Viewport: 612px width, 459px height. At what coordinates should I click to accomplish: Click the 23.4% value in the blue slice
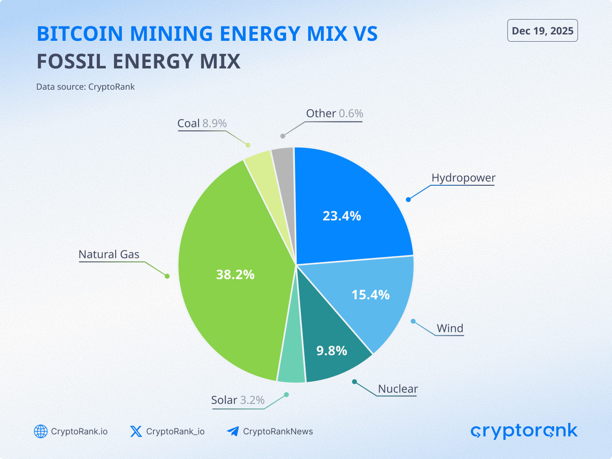tap(342, 216)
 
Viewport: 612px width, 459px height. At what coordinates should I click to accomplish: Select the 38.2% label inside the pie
tap(235, 275)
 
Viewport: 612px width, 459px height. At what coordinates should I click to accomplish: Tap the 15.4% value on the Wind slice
tap(370, 295)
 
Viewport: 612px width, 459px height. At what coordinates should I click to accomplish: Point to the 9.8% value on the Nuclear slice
tap(331, 351)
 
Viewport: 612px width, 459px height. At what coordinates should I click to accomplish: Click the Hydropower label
tap(463, 178)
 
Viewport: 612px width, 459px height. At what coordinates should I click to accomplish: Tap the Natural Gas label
tap(109, 254)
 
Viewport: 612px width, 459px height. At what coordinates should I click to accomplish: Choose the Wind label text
tap(450, 328)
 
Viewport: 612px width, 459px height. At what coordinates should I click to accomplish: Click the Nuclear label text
tap(398, 389)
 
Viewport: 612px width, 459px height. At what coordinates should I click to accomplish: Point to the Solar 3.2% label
tap(238, 400)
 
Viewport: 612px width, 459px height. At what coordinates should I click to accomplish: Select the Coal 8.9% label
tap(202, 123)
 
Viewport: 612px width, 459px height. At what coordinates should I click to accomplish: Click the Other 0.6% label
tap(334, 113)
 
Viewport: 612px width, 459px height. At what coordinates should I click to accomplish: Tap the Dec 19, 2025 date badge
tap(542, 31)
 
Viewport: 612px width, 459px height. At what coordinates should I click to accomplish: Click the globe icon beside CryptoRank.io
tap(41, 431)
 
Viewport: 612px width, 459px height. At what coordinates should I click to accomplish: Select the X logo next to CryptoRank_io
tap(136, 431)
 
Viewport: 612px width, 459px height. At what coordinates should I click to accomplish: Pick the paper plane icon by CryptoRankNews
tap(233, 431)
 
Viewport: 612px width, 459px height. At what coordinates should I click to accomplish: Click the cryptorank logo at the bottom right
tap(524, 431)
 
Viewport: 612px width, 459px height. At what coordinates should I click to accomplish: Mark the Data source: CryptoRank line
tap(85, 87)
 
